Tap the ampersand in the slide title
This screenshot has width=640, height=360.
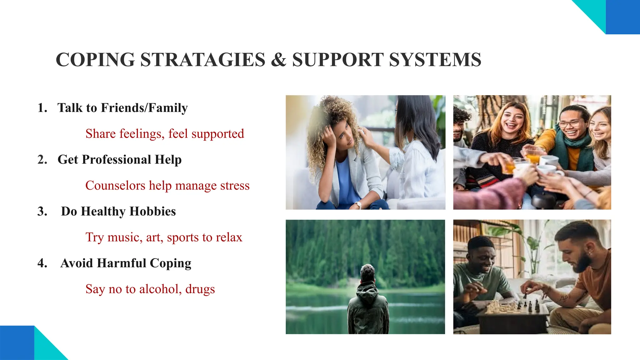coord(278,60)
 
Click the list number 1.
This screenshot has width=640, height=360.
coord(42,108)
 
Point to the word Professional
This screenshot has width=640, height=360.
coord(117,160)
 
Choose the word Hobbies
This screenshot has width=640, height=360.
coord(152,212)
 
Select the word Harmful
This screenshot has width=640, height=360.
coord(122,263)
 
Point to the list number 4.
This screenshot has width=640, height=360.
coord(42,263)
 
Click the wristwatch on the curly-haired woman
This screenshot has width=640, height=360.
coord(358,205)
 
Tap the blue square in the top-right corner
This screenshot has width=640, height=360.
coord(623,17)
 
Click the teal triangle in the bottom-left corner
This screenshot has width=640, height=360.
coord(47,347)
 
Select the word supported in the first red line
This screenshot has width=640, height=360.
coord(217,134)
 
